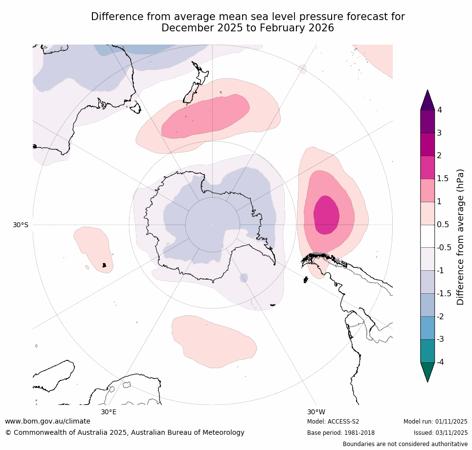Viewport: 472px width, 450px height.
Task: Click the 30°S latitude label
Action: (21, 225)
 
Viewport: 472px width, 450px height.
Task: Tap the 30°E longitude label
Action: (109, 412)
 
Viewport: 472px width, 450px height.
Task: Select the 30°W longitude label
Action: (316, 412)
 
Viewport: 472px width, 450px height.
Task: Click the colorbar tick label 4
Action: (439, 110)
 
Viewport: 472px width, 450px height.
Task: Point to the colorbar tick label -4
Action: (440, 362)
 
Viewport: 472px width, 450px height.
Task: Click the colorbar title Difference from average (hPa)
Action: (460, 237)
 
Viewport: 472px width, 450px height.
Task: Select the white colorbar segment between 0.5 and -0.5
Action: (427, 236)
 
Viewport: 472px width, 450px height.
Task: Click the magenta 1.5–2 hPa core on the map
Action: (326, 214)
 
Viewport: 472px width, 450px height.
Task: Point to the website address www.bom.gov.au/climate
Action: (47, 421)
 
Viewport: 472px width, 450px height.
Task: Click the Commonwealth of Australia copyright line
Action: (125, 432)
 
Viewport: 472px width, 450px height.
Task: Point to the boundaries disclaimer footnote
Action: (405, 444)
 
